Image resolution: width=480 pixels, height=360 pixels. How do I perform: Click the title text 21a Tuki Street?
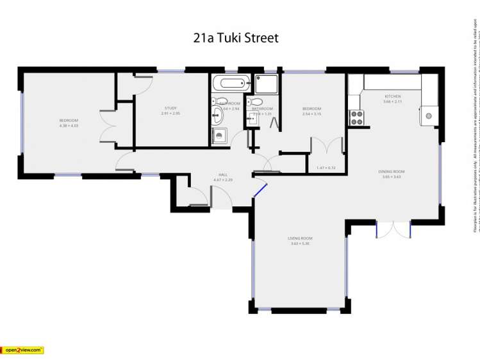pos(236,38)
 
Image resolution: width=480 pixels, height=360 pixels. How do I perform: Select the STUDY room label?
pos(170,108)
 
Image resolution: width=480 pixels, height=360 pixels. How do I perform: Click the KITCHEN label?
pos(392,96)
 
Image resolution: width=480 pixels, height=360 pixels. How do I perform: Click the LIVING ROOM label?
pos(300,238)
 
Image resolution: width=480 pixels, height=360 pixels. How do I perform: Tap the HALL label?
pos(223,175)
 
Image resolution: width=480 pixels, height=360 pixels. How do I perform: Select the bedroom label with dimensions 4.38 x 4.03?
pos(69,121)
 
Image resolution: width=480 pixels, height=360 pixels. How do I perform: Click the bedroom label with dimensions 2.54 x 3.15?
pos(311,109)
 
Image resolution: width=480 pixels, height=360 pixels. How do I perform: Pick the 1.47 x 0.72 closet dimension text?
pos(326,168)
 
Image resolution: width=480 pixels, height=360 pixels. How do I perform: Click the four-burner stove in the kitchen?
pos(356,118)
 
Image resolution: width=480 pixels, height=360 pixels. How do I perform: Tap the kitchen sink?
pos(427,116)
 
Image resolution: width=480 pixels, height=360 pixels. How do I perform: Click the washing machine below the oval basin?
pos(220,135)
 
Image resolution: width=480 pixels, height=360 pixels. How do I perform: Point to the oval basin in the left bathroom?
pos(218,115)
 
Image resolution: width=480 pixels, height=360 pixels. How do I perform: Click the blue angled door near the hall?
pos(260,188)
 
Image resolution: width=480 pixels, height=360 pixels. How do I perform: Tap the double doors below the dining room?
pos(393,229)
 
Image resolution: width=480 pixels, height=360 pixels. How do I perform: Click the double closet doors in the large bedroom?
pos(108,126)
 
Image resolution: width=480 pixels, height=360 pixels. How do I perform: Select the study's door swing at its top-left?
pos(143,84)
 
